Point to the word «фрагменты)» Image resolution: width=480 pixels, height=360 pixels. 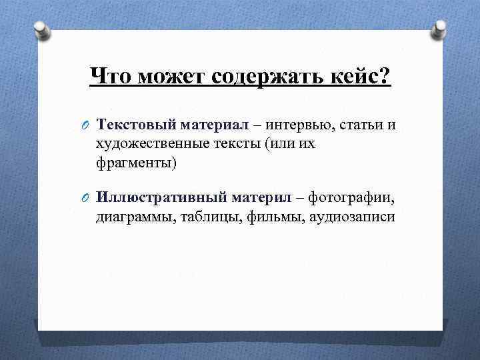tap(137, 163)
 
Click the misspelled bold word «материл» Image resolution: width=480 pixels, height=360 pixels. tap(261, 198)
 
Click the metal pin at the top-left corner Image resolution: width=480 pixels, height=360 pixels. tap(41, 31)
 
